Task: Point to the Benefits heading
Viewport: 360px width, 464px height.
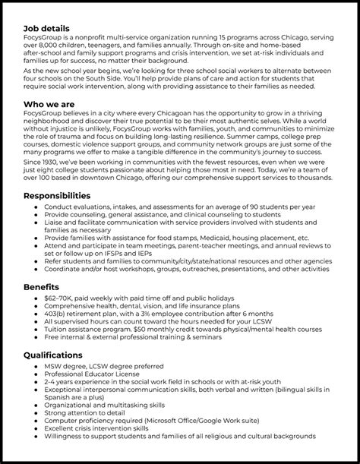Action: point(44,289)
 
